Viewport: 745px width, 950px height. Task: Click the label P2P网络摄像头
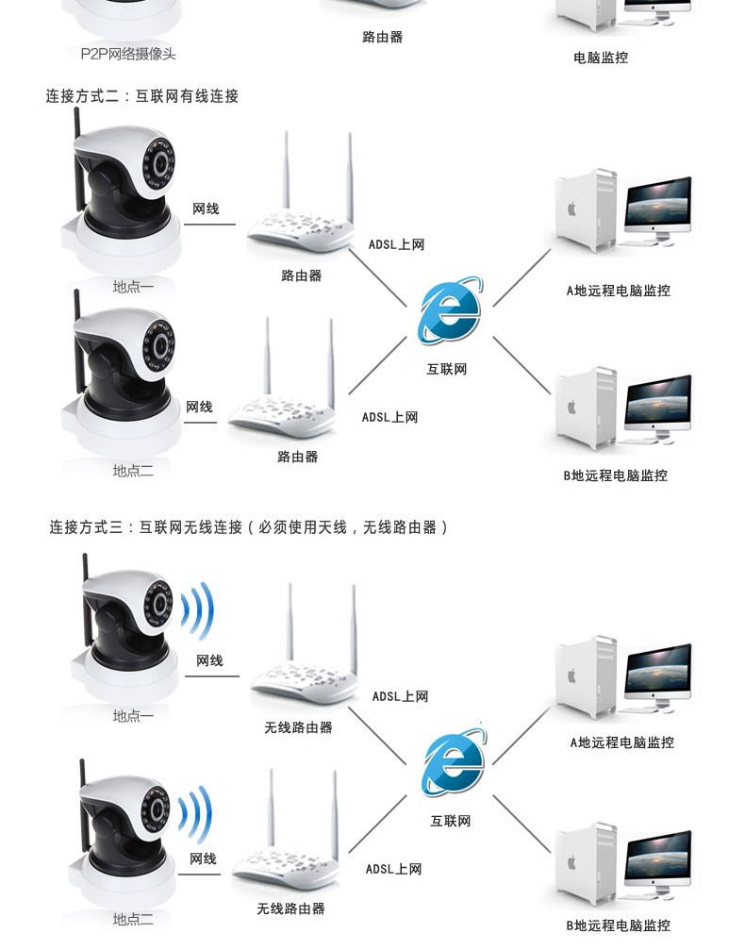pyautogui.click(x=128, y=54)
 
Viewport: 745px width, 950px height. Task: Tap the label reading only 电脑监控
pyautogui.click(x=601, y=58)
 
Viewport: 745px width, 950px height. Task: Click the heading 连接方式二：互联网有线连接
pyautogui.click(x=142, y=95)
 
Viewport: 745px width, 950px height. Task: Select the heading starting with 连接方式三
pyautogui.click(x=249, y=527)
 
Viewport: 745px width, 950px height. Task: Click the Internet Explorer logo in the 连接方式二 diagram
pyautogui.click(x=449, y=310)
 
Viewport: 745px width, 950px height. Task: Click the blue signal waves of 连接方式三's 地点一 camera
pyautogui.click(x=199, y=610)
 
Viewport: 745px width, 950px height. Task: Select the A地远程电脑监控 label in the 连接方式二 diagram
pyautogui.click(x=619, y=291)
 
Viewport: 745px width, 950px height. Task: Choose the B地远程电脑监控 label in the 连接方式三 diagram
pyautogui.click(x=619, y=925)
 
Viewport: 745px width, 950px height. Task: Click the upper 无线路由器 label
pyautogui.click(x=299, y=727)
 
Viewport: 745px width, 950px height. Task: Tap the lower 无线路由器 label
pyautogui.click(x=290, y=908)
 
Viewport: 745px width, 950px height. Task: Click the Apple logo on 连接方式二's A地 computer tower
pyautogui.click(x=571, y=209)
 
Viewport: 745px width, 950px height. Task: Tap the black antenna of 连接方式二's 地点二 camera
pyautogui.click(x=77, y=314)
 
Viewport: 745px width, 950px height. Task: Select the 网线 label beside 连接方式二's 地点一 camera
pyautogui.click(x=206, y=209)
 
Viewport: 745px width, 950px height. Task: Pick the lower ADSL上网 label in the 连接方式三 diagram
pyautogui.click(x=393, y=870)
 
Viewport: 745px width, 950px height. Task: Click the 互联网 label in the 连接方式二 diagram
pyautogui.click(x=447, y=370)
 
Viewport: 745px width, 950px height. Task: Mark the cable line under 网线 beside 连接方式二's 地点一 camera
pyautogui.click(x=209, y=225)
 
